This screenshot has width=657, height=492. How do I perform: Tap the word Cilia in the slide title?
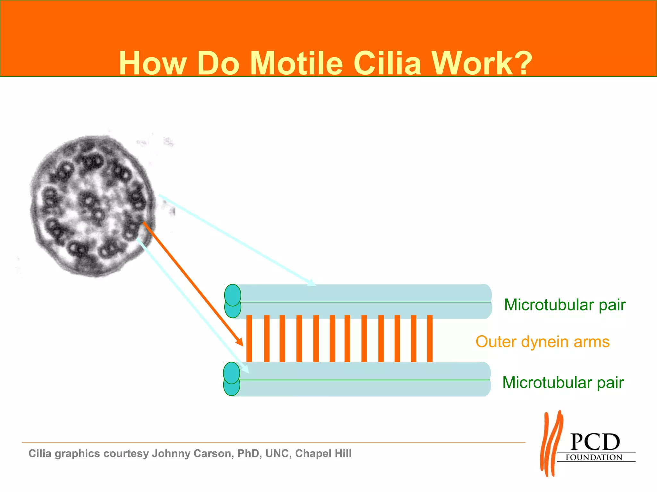click(x=387, y=63)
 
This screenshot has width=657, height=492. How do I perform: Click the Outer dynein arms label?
click(x=542, y=341)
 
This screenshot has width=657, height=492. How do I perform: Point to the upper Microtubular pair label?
click(x=565, y=305)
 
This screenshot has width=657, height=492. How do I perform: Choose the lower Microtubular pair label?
click(x=563, y=382)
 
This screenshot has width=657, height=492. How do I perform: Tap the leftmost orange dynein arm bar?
click(x=249, y=339)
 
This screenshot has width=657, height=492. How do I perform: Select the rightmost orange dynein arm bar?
click(x=430, y=339)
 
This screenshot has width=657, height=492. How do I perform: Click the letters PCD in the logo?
click(x=595, y=442)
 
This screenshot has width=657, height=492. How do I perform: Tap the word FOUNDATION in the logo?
click(x=594, y=457)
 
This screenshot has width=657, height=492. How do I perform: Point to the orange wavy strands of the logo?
click(x=551, y=444)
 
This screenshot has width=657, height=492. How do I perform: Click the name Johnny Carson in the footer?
click(x=192, y=454)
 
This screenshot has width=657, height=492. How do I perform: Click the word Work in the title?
click(x=472, y=63)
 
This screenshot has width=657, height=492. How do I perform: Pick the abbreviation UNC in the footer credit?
click(x=278, y=454)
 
